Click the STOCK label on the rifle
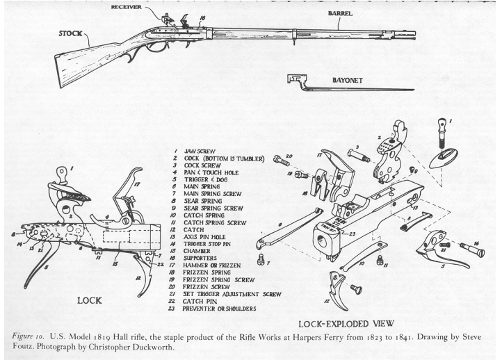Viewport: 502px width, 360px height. tap(72, 33)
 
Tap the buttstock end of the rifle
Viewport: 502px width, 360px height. tap(67, 75)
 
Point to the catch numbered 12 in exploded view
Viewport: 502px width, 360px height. tap(339, 292)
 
